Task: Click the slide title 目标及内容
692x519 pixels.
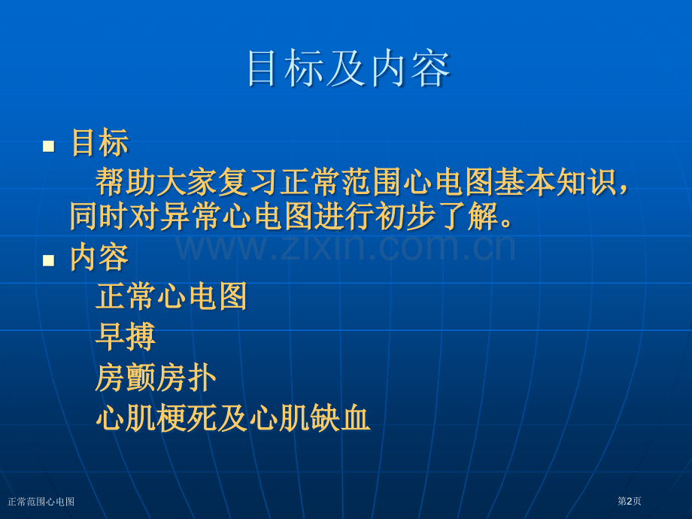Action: [x=348, y=69]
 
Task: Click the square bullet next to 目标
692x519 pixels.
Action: [x=49, y=146]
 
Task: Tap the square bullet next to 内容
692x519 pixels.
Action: [x=49, y=260]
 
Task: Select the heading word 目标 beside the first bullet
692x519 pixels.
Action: [x=99, y=143]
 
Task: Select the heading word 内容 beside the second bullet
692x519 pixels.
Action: [x=99, y=257]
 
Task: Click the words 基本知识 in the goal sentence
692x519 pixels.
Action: [x=555, y=182]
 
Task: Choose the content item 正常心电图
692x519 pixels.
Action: [x=171, y=296]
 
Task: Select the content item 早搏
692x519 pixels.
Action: [x=125, y=337]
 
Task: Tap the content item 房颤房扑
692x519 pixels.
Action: [x=156, y=378]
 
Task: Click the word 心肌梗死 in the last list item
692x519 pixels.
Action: [x=156, y=418]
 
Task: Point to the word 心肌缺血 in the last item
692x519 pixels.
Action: [x=310, y=418]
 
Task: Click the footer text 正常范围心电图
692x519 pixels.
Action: [x=41, y=502]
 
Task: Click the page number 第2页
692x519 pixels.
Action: [x=629, y=501]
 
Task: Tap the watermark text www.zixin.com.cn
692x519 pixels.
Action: [x=346, y=245]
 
